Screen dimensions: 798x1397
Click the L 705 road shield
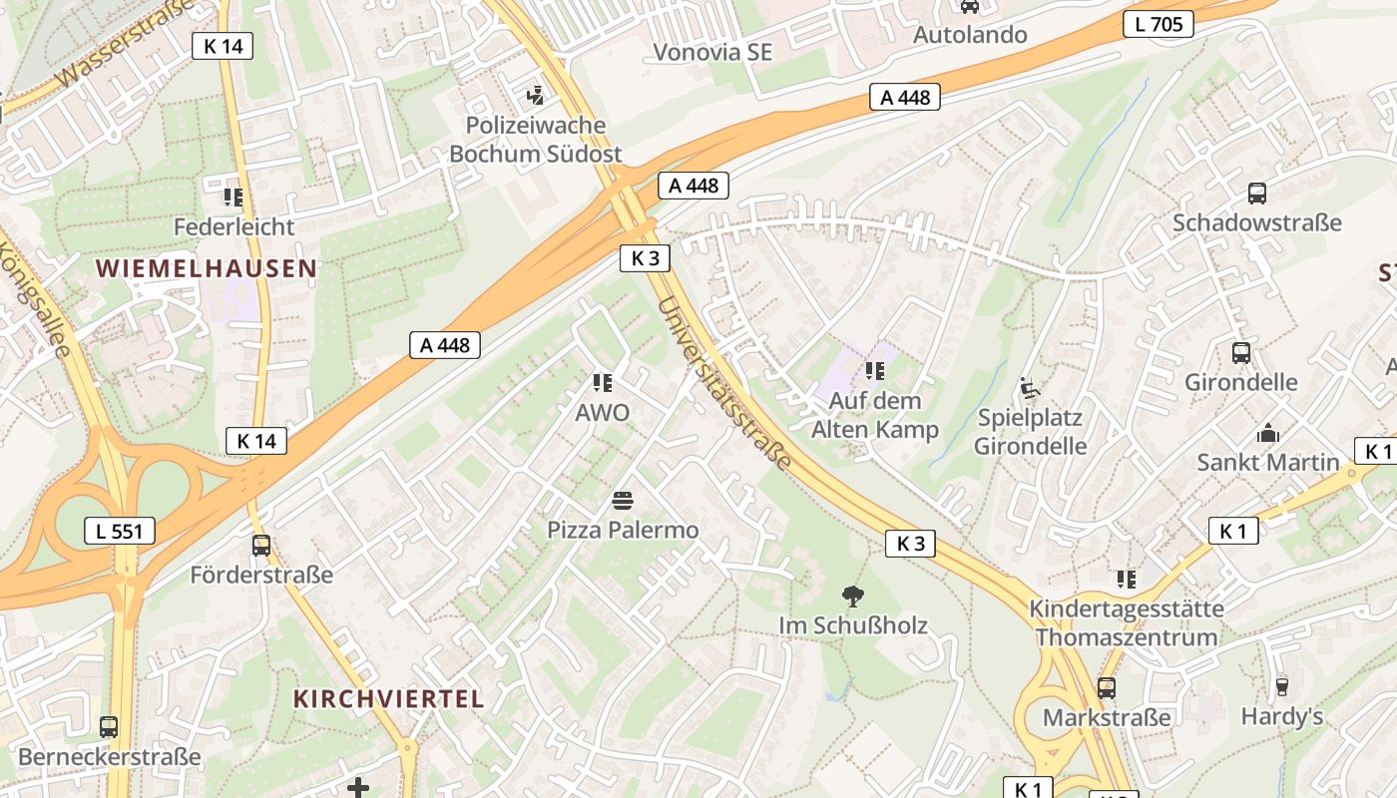point(1159,24)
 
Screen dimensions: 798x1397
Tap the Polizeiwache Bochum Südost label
point(535,140)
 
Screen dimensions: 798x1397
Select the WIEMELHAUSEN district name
point(208,268)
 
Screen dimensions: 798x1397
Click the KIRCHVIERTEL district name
point(388,698)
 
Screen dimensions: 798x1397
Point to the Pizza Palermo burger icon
point(623,500)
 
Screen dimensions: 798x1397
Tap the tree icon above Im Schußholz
point(853,597)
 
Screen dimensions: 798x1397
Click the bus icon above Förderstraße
point(260,546)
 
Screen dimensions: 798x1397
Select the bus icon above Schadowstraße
point(1257,194)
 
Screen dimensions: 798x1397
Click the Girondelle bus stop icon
point(1241,353)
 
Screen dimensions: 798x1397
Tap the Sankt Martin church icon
point(1268,433)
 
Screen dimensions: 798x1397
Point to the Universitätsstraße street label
point(725,384)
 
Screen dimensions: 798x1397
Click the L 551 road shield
point(120,531)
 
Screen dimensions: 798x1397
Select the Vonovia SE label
point(712,52)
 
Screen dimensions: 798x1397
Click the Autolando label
point(970,35)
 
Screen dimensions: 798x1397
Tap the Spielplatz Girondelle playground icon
point(1030,388)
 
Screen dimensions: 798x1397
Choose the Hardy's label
point(1281,716)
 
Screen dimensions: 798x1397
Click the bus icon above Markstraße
point(1106,687)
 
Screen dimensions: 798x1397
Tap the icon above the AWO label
point(602,383)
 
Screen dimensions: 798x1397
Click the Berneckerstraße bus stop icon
point(109,727)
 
